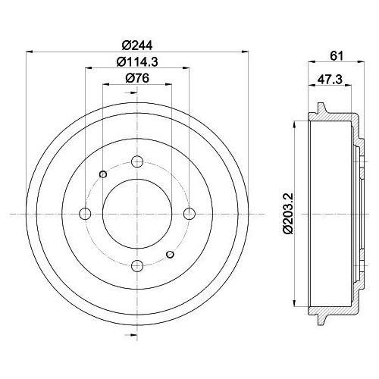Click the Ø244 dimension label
tap(137, 45)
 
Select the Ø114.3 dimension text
tap(137, 62)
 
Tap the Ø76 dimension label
tap(137, 78)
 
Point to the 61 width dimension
tap(337, 56)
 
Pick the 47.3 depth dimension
tap(330, 80)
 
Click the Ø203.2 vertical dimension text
tap(288, 214)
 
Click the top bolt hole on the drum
tap(137, 161)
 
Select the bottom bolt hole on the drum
tap(137, 265)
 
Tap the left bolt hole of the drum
tap(85, 214)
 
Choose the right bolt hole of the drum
tap(189, 214)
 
